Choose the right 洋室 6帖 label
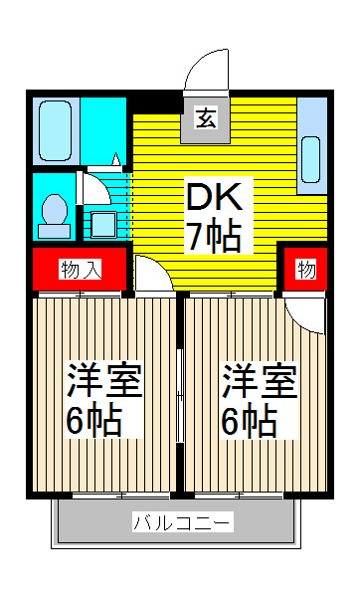pos(259,401)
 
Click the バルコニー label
pos(182,522)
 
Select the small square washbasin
pos(102,222)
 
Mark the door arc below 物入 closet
pos(151,274)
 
